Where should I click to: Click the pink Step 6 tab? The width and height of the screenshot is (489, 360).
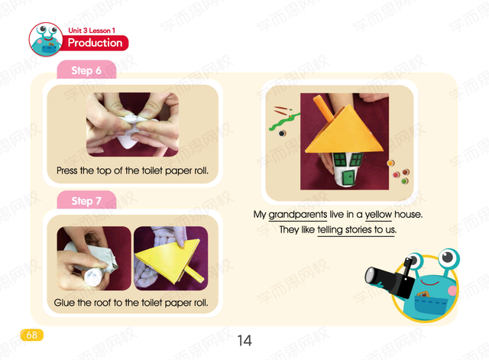(x=86, y=70)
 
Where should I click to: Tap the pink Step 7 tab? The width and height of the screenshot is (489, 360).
(x=86, y=200)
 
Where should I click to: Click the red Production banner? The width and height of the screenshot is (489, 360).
(x=96, y=43)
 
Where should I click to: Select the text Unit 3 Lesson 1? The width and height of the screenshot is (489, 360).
(x=92, y=31)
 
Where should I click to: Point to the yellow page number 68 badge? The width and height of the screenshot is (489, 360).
(x=32, y=335)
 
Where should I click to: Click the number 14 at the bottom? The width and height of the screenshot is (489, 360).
(x=244, y=340)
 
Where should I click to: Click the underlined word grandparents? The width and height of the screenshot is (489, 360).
(x=298, y=215)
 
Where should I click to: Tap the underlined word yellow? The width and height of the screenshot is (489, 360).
(x=378, y=215)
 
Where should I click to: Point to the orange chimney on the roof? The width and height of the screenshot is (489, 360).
(x=324, y=108)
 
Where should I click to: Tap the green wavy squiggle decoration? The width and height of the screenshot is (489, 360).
(x=283, y=122)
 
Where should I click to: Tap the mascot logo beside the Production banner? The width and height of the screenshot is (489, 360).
(x=46, y=39)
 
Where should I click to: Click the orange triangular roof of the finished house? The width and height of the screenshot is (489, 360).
(x=345, y=131)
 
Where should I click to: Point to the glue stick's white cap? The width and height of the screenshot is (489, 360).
(x=92, y=277)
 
